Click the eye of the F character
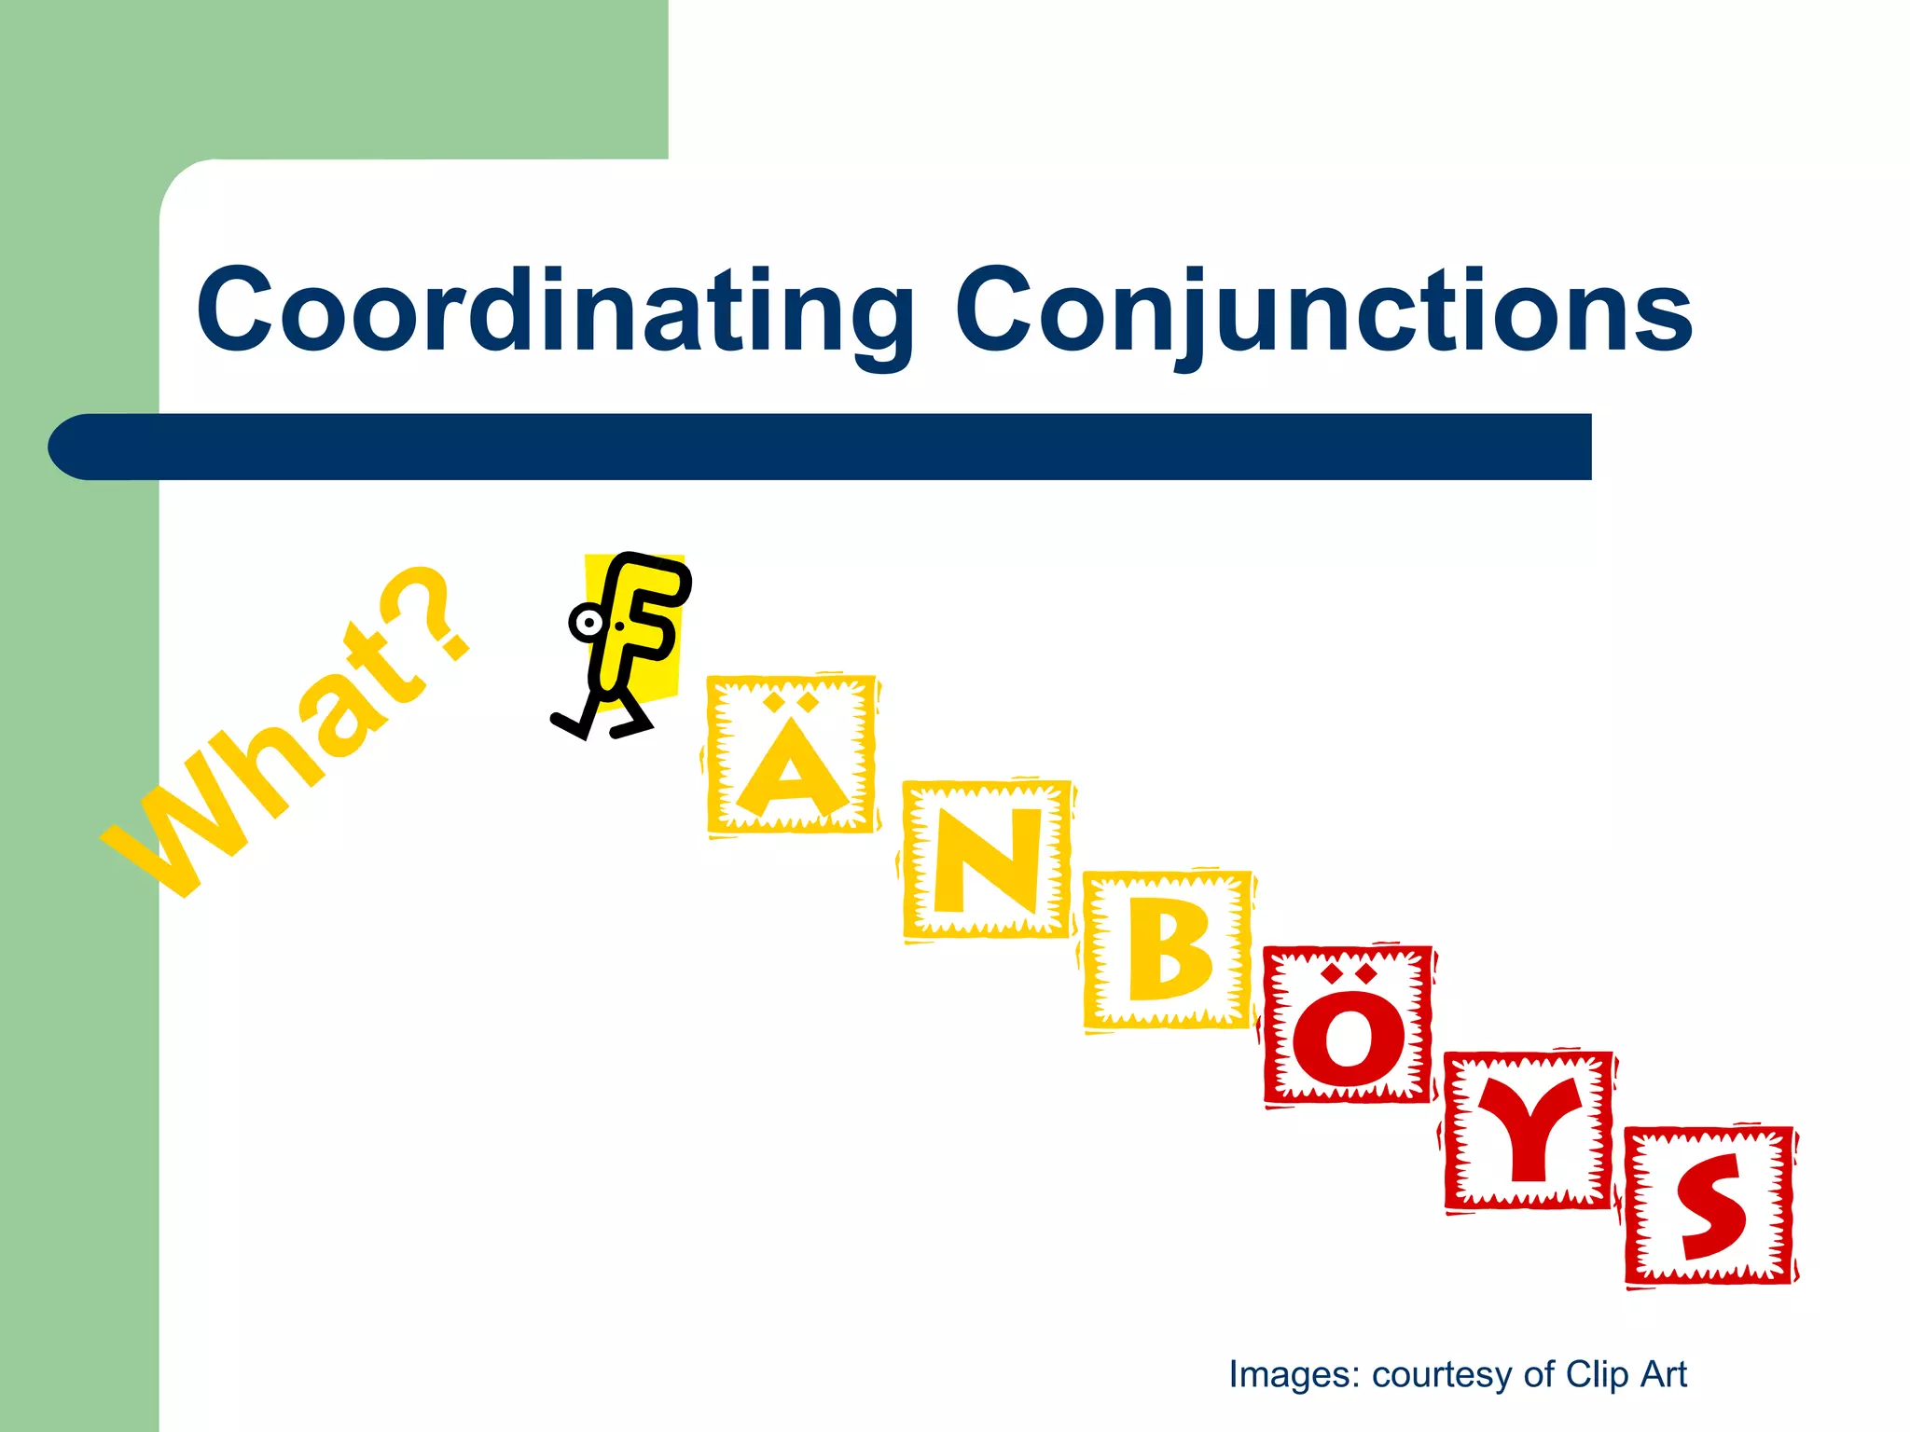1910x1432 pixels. (588, 623)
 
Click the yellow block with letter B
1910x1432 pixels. (1168, 951)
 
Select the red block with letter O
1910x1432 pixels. (1348, 1026)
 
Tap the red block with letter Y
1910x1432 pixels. (1529, 1131)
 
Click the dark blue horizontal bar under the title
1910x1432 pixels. (839, 447)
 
